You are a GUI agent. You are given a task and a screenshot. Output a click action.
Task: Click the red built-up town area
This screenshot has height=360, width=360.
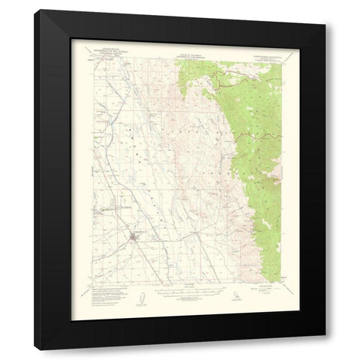tap(133, 238)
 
